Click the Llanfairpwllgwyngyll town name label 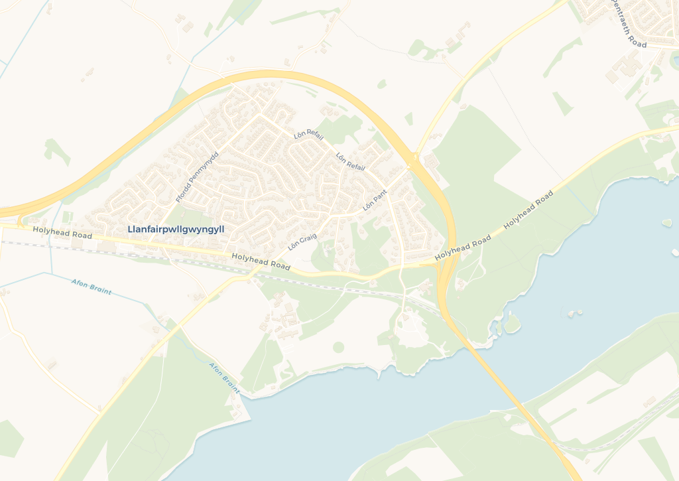(176, 230)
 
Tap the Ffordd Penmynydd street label (197, 176)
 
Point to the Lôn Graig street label (302, 241)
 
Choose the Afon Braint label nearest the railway (92, 287)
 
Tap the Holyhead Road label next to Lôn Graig (261, 261)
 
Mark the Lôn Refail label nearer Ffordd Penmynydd (309, 135)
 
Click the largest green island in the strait (511, 323)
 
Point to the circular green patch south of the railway (339, 347)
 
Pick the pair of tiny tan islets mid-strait (574, 311)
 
